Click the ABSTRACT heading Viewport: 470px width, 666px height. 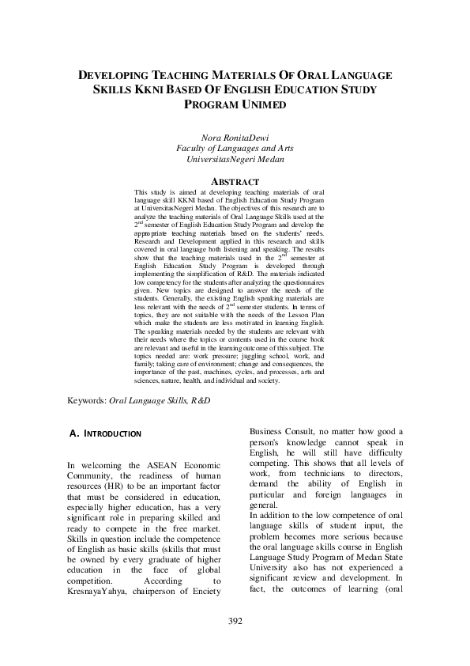click(x=235, y=181)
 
